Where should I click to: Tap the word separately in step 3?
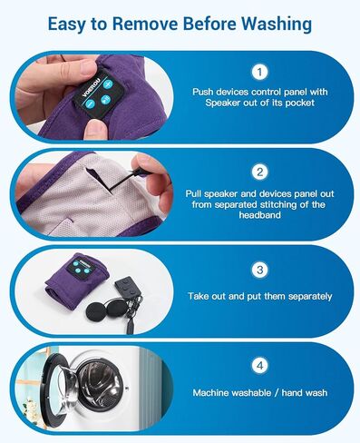tap(295, 296)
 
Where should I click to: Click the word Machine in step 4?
tap(213, 393)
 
